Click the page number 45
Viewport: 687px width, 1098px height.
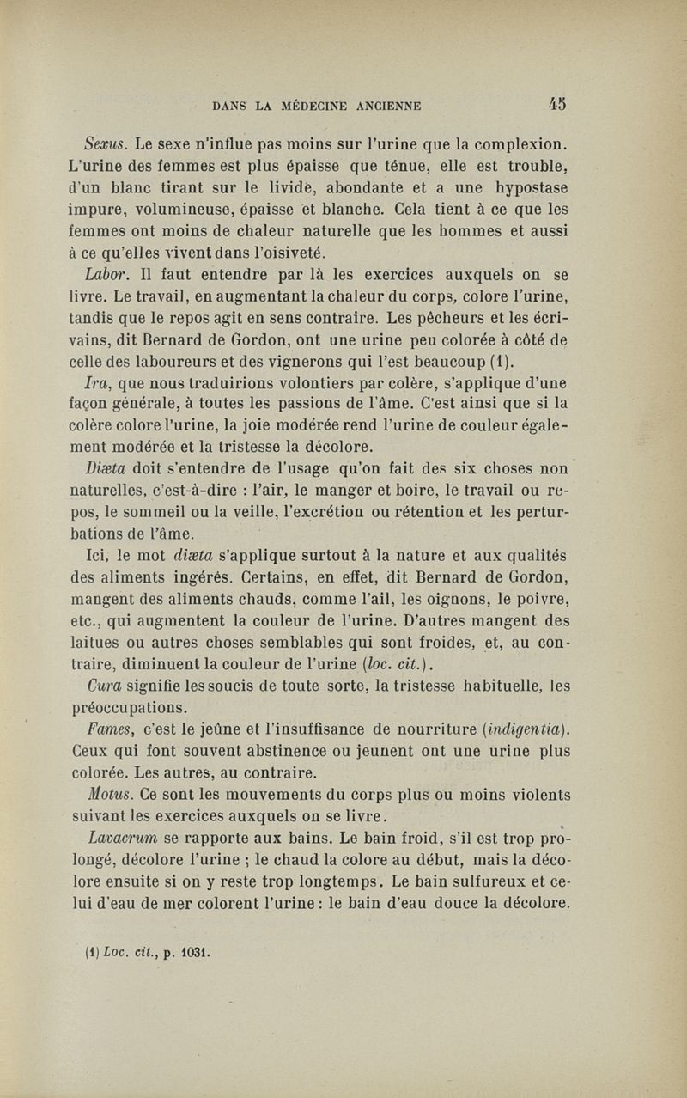[557, 105]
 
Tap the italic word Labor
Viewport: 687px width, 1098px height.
[106, 275]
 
